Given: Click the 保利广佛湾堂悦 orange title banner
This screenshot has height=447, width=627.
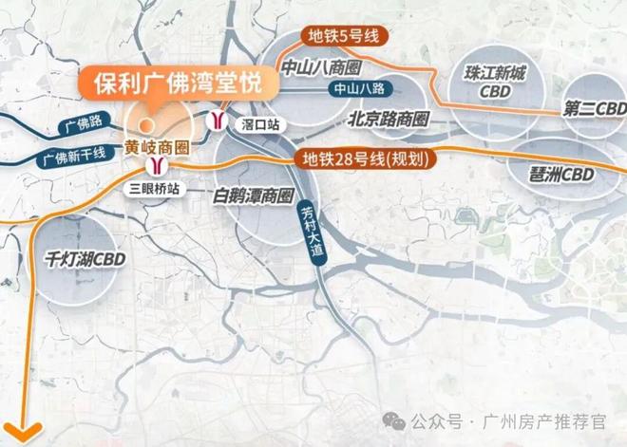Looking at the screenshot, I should pyautogui.click(x=179, y=83).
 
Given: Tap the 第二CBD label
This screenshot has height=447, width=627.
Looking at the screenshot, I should pyautogui.click(x=594, y=109).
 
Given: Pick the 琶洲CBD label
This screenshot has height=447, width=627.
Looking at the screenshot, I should pyautogui.click(x=563, y=174).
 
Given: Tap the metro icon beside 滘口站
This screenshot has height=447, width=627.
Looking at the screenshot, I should pyautogui.click(x=219, y=121).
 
